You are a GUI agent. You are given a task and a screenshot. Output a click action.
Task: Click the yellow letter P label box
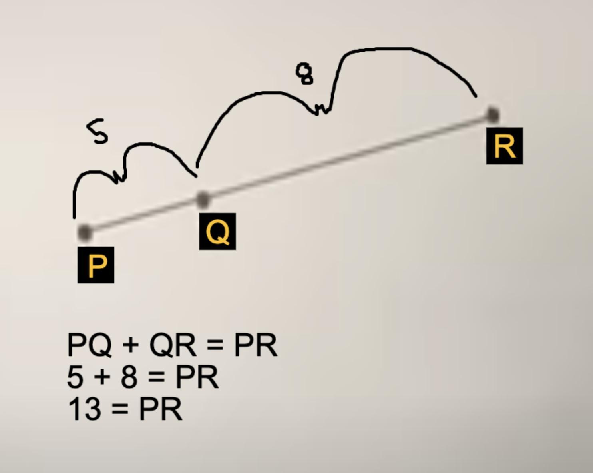tap(96, 265)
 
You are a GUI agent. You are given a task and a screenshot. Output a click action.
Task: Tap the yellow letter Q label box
tap(217, 231)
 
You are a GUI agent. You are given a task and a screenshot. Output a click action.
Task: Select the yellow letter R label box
tap(504, 146)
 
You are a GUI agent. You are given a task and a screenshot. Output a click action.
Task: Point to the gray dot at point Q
tap(203, 199)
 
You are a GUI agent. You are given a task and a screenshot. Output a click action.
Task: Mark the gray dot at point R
tap(492, 115)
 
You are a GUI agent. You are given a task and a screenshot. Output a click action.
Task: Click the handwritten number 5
tap(97, 131)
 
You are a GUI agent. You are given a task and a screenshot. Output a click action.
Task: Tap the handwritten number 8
tap(304, 73)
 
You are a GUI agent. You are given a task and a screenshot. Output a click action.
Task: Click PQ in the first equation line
tap(90, 345)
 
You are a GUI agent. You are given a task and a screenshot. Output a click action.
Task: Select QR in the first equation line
tap(173, 345)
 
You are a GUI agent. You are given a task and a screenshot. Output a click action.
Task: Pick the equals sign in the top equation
tap(215, 345)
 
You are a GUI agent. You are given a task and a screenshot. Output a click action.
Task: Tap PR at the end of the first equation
tap(255, 345)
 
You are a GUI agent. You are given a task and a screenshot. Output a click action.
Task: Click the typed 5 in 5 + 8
tap(75, 377)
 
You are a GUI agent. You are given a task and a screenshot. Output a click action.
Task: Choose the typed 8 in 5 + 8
tap(129, 377)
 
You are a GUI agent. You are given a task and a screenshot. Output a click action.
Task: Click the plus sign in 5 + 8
tap(102, 377)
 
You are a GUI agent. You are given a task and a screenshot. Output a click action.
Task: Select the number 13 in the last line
tap(84, 409)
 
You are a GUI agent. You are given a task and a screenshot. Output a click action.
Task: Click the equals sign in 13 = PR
tap(120, 409)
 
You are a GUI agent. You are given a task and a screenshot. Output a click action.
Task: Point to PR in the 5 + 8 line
tap(197, 377)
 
